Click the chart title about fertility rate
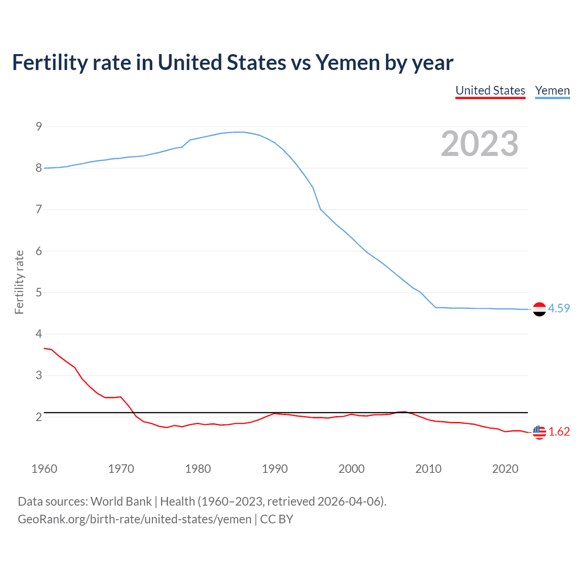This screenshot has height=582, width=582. [232, 63]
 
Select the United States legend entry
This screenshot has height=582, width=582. [490, 90]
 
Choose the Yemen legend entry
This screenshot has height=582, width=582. [552, 90]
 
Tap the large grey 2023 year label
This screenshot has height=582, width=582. [479, 144]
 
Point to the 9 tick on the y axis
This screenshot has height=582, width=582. [39, 126]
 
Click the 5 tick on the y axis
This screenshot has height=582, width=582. [39, 292]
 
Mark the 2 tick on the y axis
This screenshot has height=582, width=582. [39, 417]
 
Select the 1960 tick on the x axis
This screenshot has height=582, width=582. [44, 469]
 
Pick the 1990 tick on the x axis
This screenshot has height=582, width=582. [275, 469]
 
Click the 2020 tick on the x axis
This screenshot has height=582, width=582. [505, 469]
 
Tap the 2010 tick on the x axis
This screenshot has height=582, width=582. [428, 469]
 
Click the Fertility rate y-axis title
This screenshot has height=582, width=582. [19, 282]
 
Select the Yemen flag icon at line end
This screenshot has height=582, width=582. [539, 309]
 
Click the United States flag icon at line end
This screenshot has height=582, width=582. [539, 432]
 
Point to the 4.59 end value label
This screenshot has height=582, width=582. [559, 308]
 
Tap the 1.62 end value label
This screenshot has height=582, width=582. [559, 431]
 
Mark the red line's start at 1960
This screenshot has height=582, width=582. [45, 348]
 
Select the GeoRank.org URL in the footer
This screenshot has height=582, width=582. [135, 519]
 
